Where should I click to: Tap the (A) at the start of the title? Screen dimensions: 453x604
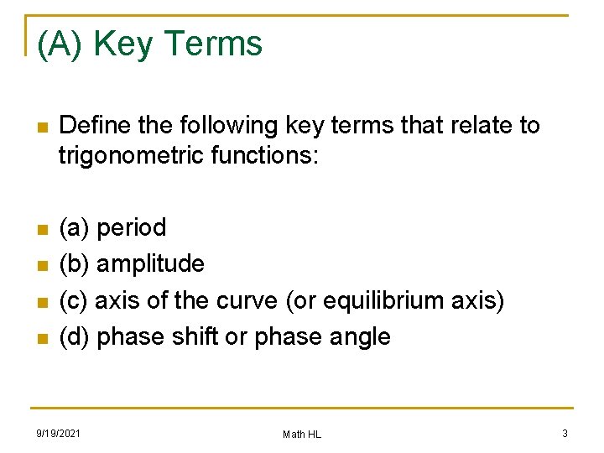[x=60, y=44]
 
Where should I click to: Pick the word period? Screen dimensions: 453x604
[x=132, y=227]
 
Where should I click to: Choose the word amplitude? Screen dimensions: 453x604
[x=151, y=263]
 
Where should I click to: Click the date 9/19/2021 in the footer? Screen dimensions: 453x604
[x=58, y=433]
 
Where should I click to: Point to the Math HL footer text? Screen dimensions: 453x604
[x=302, y=434]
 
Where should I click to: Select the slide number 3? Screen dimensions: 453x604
[x=565, y=433]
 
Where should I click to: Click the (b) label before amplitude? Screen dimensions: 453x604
[x=75, y=263]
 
